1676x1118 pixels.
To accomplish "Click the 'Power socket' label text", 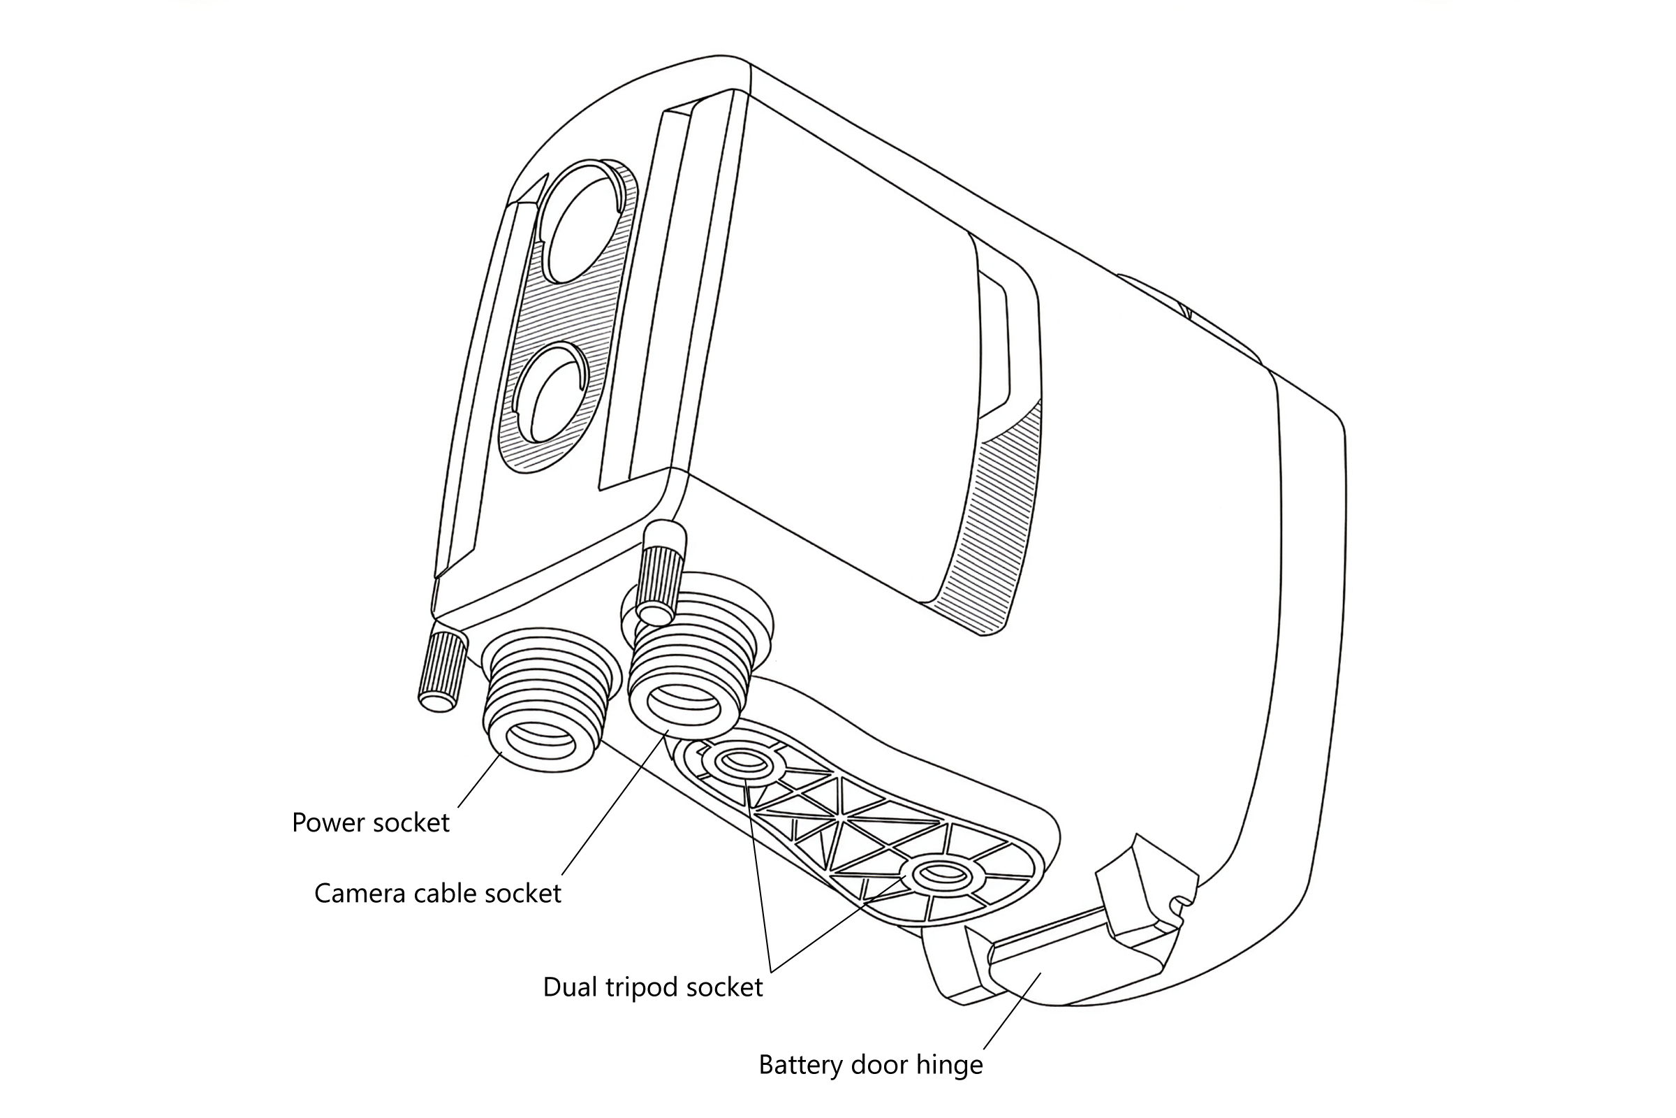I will tap(371, 823).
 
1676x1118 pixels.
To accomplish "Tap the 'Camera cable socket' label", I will tap(438, 894).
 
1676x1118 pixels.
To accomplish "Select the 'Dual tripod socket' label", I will tap(653, 987).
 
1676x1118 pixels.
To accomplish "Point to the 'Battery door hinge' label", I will tap(870, 1065).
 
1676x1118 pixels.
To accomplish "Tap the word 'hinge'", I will tap(949, 1065).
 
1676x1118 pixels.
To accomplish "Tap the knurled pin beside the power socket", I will tap(443, 670).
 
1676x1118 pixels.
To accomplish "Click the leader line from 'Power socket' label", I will tap(480, 780).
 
